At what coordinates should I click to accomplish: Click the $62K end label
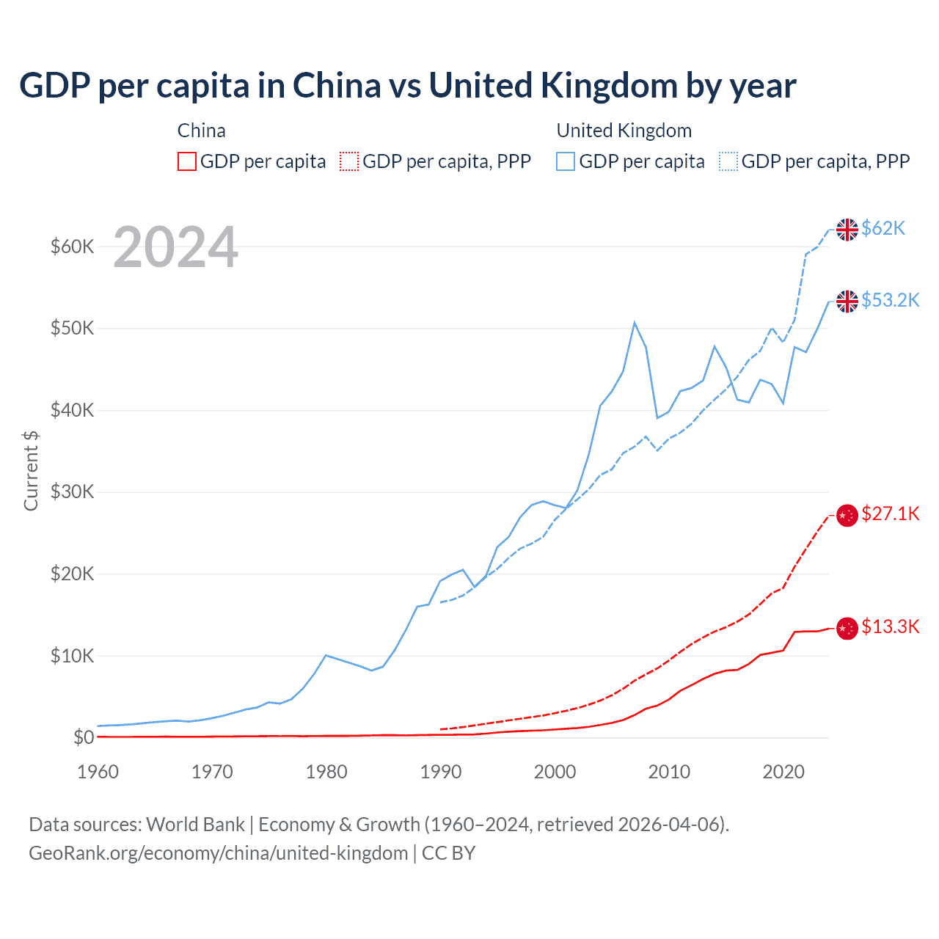(883, 228)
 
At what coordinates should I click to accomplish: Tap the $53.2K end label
(890, 300)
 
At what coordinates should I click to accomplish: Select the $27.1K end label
(890, 514)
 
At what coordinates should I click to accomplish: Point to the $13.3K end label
(890, 626)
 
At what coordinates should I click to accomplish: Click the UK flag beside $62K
(847, 230)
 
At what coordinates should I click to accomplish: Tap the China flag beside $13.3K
(847, 628)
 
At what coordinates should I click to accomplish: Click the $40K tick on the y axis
(72, 410)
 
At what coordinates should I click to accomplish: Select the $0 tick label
(84, 737)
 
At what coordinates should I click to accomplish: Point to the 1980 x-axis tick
(326, 772)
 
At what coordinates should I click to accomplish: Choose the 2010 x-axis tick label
(669, 772)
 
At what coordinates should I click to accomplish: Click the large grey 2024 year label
(175, 247)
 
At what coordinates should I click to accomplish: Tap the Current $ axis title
(31, 470)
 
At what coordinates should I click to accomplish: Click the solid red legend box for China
(187, 161)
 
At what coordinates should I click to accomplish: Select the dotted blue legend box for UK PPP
(728, 161)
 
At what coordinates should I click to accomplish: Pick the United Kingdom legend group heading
(624, 131)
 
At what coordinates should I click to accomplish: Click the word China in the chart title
(337, 86)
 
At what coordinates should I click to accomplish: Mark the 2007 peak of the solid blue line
(635, 323)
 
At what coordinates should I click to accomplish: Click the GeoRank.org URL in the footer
(218, 853)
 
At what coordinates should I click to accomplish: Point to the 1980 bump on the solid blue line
(326, 655)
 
